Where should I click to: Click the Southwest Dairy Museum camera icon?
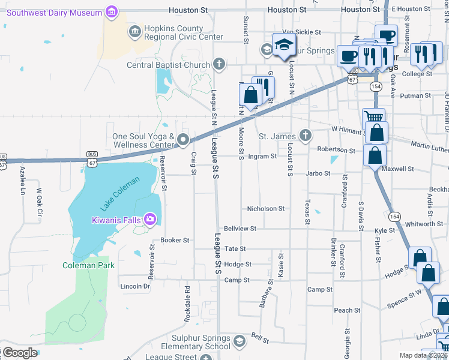111,11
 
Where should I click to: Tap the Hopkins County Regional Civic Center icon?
135,31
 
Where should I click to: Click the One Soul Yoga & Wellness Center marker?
184,140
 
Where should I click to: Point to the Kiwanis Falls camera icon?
149,220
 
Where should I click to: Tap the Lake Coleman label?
120,193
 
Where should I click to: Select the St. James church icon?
306,136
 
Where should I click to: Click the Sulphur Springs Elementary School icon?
239,341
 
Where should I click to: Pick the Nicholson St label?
266,209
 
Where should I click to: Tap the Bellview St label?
240,229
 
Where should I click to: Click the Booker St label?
175,240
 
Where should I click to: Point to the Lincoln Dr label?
134,286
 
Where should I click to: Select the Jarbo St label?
318,173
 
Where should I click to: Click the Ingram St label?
262,157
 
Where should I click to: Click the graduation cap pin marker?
283,45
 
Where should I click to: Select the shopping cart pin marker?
374,116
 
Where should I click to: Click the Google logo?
20,353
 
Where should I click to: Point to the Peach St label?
347,310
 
